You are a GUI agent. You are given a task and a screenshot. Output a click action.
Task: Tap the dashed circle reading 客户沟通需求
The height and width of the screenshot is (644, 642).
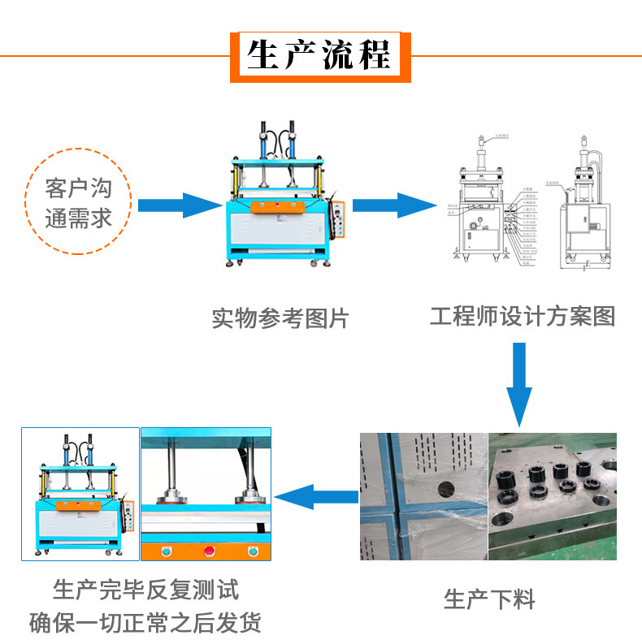[x=79, y=201]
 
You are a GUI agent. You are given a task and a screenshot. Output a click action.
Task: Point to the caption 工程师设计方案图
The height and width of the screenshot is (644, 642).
[x=523, y=316]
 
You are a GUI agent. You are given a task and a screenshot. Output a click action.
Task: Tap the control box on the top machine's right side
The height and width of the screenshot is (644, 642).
[x=341, y=220]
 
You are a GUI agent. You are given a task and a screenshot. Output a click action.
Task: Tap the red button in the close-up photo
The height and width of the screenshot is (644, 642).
[x=209, y=552]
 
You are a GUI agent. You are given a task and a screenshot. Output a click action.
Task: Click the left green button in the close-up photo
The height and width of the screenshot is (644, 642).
[x=167, y=552]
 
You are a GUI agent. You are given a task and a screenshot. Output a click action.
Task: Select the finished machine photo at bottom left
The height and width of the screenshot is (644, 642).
[x=80, y=494]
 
